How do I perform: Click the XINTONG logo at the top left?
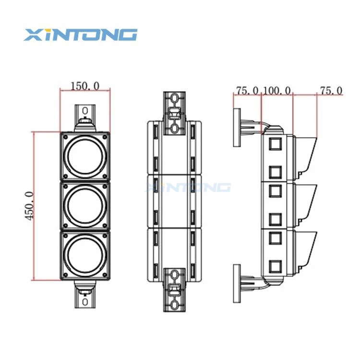point(80,35)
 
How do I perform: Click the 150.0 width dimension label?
point(85,86)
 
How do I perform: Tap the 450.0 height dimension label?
point(30,206)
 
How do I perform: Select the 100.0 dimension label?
point(277,90)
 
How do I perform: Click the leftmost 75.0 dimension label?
point(248,90)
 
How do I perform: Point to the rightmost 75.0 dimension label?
point(331,90)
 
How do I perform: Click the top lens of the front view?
point(85,156)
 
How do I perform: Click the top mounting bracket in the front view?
point(85,118)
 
